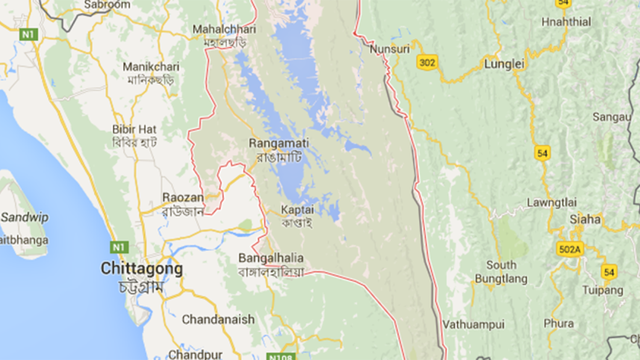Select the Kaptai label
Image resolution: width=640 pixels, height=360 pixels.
pyautogui.click(x=297, y=210)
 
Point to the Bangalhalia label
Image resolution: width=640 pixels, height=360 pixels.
pyautogui.click(x=270, y=258)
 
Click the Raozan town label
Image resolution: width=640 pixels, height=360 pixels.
pyautogui.click(x=182, y=197)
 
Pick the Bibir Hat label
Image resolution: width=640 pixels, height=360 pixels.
pyautogui.click(x=134, y=128)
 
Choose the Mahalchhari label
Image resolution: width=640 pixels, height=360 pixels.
pyautogui.click(x=224, y=29)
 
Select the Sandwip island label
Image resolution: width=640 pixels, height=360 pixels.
pyautogui.click(x=24, y=217)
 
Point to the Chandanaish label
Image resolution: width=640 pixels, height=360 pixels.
pyautogui.click(x=219, y=320)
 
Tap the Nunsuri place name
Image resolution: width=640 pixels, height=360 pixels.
pyautogui.click(x=389, y=49)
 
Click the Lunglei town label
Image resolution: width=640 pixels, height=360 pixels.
pyautogui.click(x=505, y=64)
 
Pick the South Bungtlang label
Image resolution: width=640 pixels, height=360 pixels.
pyautogui.click(x=501, y=272)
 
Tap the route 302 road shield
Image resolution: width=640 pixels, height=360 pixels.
pyautogui.click(x=427, y=63)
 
